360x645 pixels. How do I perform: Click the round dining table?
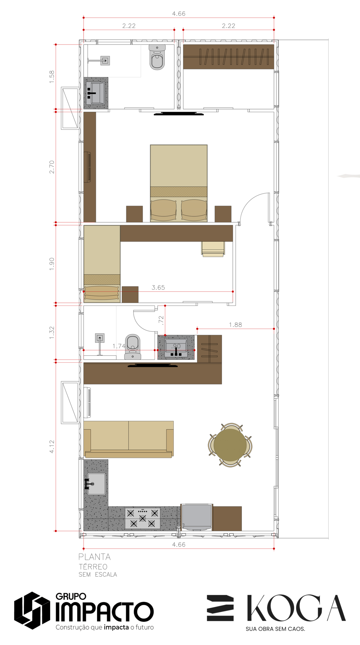pyautogui.click(x=230, y=445)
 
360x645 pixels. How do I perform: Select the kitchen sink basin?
pyautogui.click(x=96, y=484)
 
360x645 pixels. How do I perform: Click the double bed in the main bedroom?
pyautogui.click(x=179, y=183)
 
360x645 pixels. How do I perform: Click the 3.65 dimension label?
pyautogui.click(x=158, y=287)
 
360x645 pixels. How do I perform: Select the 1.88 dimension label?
pyautogui.click(x=235, y=325)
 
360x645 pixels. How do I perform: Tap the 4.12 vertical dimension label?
pyautogui.click(x=52, y=447)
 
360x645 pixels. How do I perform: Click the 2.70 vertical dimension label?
pyautogui.click(x=52, y=167)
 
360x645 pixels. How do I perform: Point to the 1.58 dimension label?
pyautogui.click(x=52, y=77)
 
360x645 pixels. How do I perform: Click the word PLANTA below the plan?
pyautogui.click(x=94, y=557)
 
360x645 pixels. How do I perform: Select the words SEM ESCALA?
pyautogui.click(x=98, y=574)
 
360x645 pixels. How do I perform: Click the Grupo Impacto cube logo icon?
pyautogui.click(x=32, y=610)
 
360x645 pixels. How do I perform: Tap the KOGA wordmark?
pyautogui.click(x=296, y=608)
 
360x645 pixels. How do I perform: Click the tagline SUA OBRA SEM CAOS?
pyautogui.click(x=275, y=629)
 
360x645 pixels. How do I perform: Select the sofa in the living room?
pyautogui.click(x=128, y=439)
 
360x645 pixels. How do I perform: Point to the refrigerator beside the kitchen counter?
pyautogui.click(x=197, y=517)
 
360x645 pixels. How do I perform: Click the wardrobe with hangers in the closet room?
pyautogui.click(x=228, y=57)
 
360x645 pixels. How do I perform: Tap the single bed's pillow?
pyautogui.click(x=102, y=293)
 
